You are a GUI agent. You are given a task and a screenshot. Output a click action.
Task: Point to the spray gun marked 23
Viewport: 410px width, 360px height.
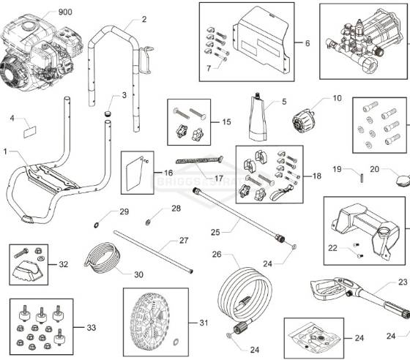[x=344, y=293]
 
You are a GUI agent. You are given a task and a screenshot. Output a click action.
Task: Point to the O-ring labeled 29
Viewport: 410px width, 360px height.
[x=97, y=222]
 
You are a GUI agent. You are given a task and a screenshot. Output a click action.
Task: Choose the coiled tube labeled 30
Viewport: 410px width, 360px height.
[x=102, y=259]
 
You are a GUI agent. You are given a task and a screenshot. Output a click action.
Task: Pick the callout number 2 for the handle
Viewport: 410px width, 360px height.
[x=143, y=19]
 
